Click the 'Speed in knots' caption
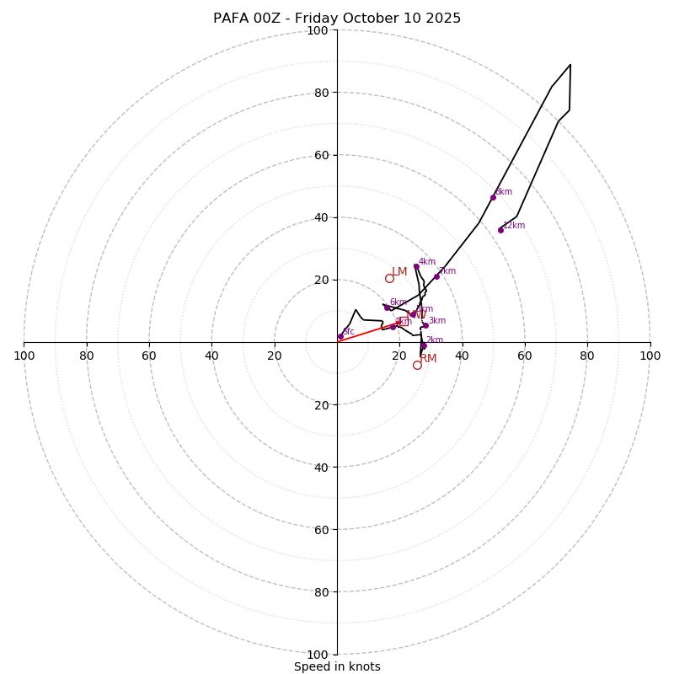pyautogui.click(x=337, y=666)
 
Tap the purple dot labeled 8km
pyautogui.click(x=493, y=197)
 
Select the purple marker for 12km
pyautogui.click(x=500, y=230)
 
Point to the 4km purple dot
pyautogui.click(x=416, y=266)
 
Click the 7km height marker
pyautogui.click(x=436, y=276)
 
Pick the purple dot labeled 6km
pyautogui.click(x=388, y=308)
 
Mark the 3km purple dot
pyautogui.click(x=425, y=326)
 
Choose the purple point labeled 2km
pyautogui.click(x=424, y=345)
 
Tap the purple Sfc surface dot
pyautogui.click(x=340, y=336)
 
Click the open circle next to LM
pyautogui.click(x=389, y=278)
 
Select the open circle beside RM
pyautogui.click(x=417, y=365)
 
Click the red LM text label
pyautogui.click(x=399, y=271)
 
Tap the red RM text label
pyautogui.click(x=428, y=359)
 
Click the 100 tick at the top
pyautogui.click(x=318, y=30)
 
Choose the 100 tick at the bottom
pyautogui.click(x=318, y=655)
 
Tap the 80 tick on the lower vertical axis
pyautogui.click(x=320, y=592)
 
